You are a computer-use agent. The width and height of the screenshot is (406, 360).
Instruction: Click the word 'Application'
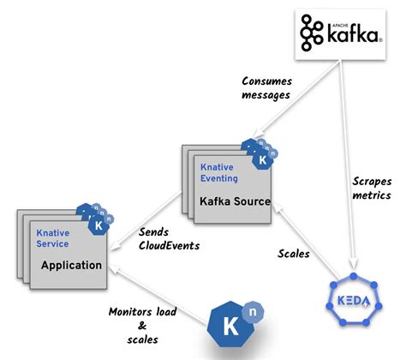pyautogui.click(x=72, y=265)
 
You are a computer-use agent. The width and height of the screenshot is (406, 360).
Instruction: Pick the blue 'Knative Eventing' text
pyautogui.click(x=220, y=174)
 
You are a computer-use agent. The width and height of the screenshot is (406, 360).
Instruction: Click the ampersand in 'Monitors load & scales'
pyautogui.click(x=142, y=326)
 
